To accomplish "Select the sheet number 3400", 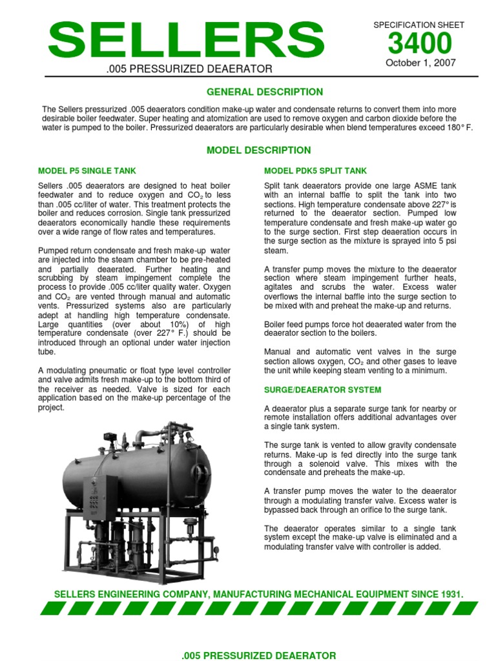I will tap(420, 44).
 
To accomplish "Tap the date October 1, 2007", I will tap(420, 63).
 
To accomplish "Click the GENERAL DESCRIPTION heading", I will tap(265, 92).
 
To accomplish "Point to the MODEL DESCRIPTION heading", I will tap(258, 150).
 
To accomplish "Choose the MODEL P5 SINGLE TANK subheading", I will tap(87, 171).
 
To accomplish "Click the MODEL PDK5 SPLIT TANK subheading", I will tap(315, 171).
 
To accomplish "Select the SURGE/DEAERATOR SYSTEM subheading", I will tap(323, 390).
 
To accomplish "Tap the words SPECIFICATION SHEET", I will tap(419, 25).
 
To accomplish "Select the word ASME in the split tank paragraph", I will tap(405, 186).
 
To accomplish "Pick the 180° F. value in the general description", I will tap(458, 128).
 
